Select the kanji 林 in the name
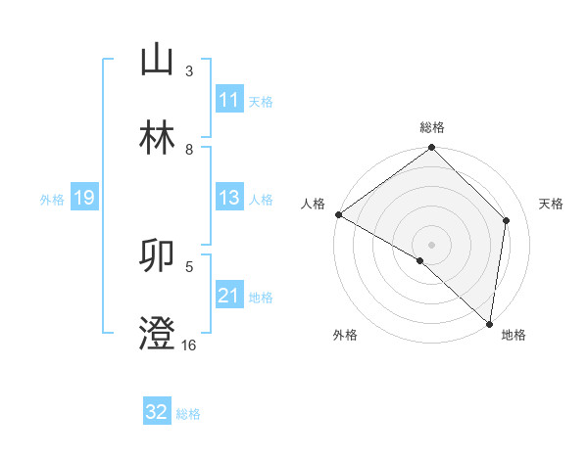[x=157, y=138]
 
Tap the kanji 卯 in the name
[x=157, y=255]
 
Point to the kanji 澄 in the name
[x=157, y=334]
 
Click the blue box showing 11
[x=229, y=100]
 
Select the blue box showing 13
[x=229, y=198]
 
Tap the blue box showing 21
[x=229, y=296]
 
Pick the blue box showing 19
[x=83, y=199]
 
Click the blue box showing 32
[x=157, y=412]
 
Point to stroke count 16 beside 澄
[x=188, y=345]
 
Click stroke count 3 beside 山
[x=189, y=71]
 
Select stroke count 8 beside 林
[x=189, y=149]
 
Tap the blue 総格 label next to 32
[x=188, y=413]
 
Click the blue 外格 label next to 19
[x=52, y=200]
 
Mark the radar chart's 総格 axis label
[x=432, y=127]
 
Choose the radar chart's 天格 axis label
[x=552, y=204]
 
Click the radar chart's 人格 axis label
[x=313, y=204]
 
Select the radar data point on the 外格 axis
[x=420, y=260]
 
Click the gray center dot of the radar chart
[x=432, y=244]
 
